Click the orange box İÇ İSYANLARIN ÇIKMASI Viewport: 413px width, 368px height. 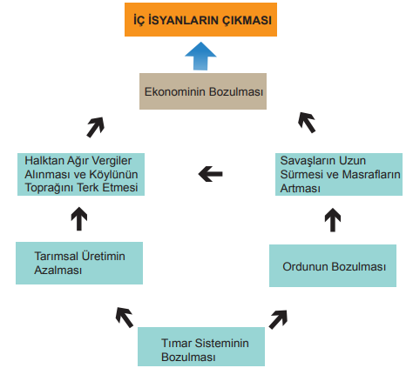point(200,20)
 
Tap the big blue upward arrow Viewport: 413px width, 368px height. point(200,56)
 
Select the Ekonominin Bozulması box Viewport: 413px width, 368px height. point(203,91)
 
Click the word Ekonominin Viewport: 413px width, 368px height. point(175,91)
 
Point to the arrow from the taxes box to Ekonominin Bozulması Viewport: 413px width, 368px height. point(95,127)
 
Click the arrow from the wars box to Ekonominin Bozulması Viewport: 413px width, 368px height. point(307,123)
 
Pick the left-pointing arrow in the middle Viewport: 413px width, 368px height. point(211,174)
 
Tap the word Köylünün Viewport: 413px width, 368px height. point(113,174)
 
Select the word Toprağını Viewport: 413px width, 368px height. point(50,188)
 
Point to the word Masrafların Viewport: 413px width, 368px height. point(371,174)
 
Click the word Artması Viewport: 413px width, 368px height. point(301,188)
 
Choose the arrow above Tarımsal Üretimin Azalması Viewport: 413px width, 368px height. point(79,218)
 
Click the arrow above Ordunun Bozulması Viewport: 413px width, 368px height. point(333,220)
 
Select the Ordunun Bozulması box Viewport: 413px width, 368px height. point(333,265)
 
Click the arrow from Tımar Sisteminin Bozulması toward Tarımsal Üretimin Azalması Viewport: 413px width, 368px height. point(125,318)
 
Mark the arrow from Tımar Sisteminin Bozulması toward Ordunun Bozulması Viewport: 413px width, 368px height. point(278,319)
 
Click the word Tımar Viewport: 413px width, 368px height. point(177,343)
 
